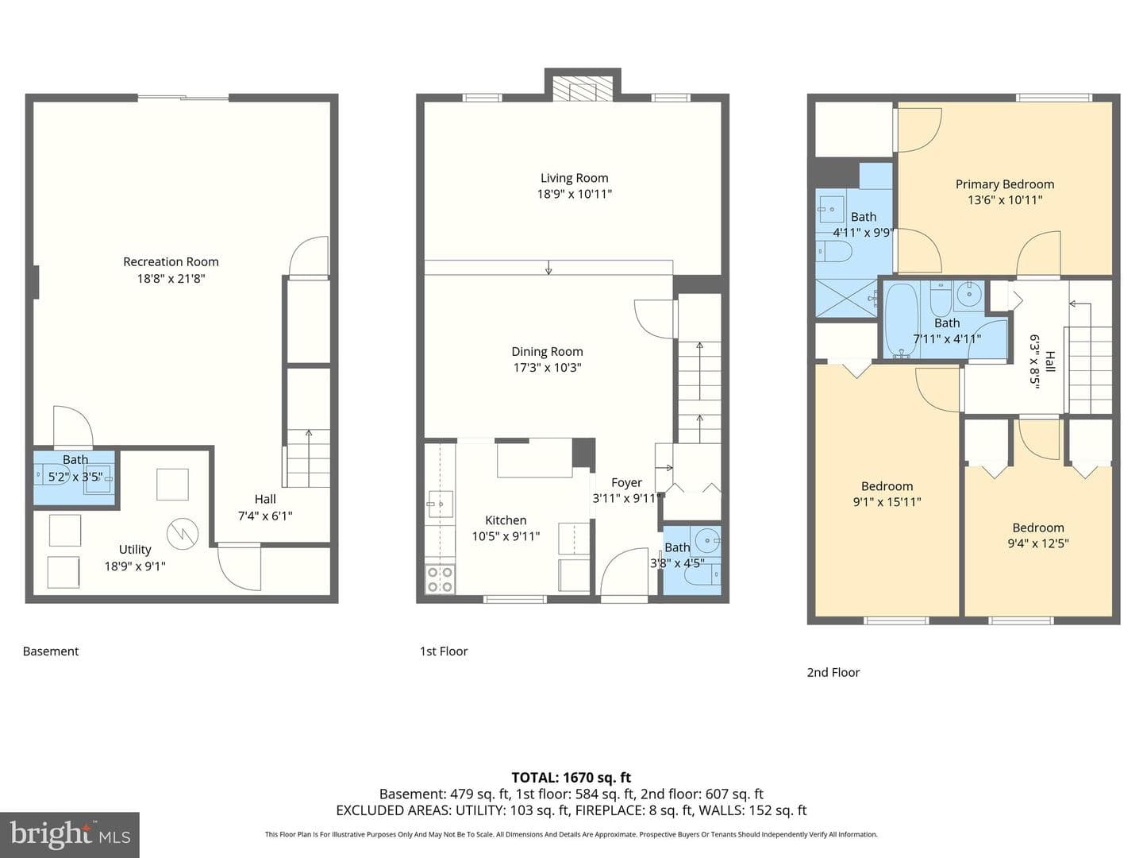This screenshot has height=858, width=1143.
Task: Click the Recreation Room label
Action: coord(171,261)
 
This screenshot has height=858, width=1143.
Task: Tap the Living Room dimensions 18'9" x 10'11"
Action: coord(575,195)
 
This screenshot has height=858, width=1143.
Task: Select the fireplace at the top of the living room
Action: coord(583,89)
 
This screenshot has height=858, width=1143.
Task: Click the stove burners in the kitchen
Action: coord(440,580)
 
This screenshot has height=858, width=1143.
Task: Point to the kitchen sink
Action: coord(439,504)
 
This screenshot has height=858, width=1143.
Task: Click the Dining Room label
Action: coord(547,352)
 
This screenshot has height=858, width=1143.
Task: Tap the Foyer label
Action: coord(626,483)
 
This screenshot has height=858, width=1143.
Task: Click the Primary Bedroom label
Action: coord(1005,184)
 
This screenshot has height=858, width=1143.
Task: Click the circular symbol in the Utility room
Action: coord(183,533)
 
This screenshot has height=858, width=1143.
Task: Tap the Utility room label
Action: coord(135,550)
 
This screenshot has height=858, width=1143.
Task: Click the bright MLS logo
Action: coord(69,834)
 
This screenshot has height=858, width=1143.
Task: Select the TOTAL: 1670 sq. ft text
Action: coord(571,778)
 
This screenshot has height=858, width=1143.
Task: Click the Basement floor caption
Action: coord(51,651)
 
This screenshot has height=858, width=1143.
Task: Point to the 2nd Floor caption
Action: coord(833,673)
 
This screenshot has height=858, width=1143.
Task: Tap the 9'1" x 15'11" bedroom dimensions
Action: coord(887,502)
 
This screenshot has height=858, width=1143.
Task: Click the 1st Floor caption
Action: coord(444,651)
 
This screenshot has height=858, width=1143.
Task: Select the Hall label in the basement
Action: coord(265,499)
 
